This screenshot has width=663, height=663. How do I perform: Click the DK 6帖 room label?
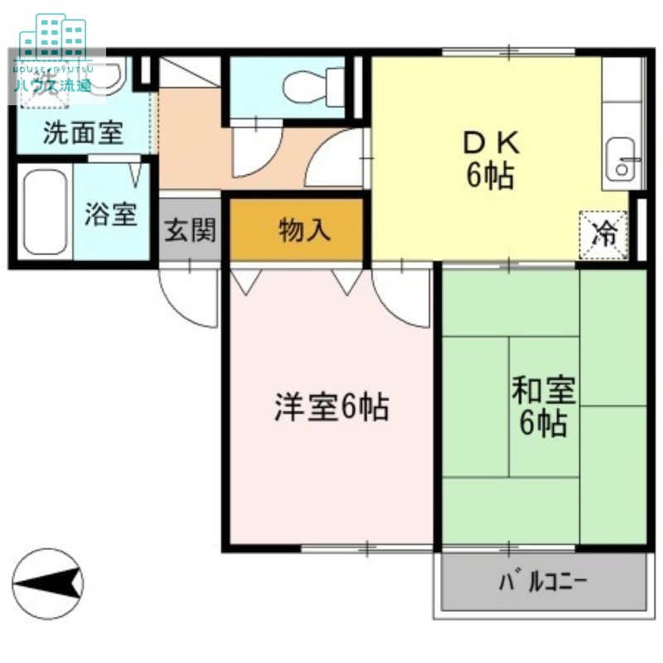[491, 161]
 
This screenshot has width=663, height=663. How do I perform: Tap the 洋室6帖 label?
[331, 407]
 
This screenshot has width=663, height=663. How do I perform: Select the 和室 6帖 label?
[543, 406]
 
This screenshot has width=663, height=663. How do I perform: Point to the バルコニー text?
[543, 581]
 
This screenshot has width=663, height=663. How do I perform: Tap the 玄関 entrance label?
[190, 230]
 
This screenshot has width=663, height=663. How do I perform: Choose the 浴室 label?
[110, 215]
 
